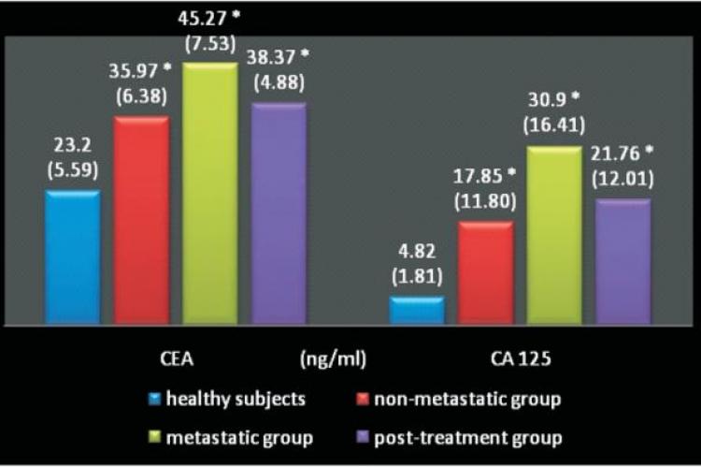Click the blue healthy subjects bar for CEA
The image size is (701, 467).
(x=73, y=259)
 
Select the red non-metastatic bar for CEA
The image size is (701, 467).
(x=141, y=222)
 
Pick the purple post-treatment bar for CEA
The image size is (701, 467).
(x=279, y=214)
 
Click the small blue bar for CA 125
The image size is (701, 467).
(x=417, y=312)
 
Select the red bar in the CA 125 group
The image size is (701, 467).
(x=486, y=274)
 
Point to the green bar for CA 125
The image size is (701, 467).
(x=554, y=236)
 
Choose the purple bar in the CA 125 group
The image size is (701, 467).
(x=623, y=263)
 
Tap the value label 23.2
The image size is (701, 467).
(x=72, y=146)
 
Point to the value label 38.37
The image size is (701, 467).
(x=273, y=57)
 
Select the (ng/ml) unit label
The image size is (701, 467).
(x=334, y=358)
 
